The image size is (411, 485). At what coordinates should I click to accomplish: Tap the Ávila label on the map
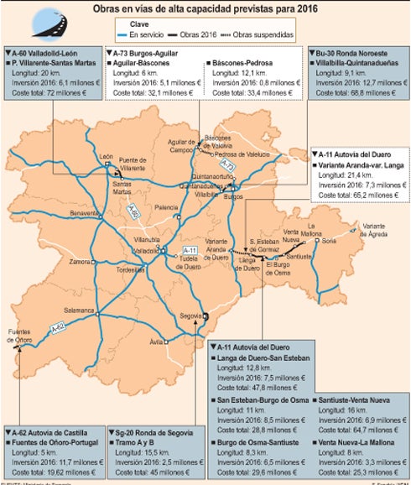[x=156, y=342]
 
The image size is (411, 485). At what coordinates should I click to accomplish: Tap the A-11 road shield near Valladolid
[x=190, y=251]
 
